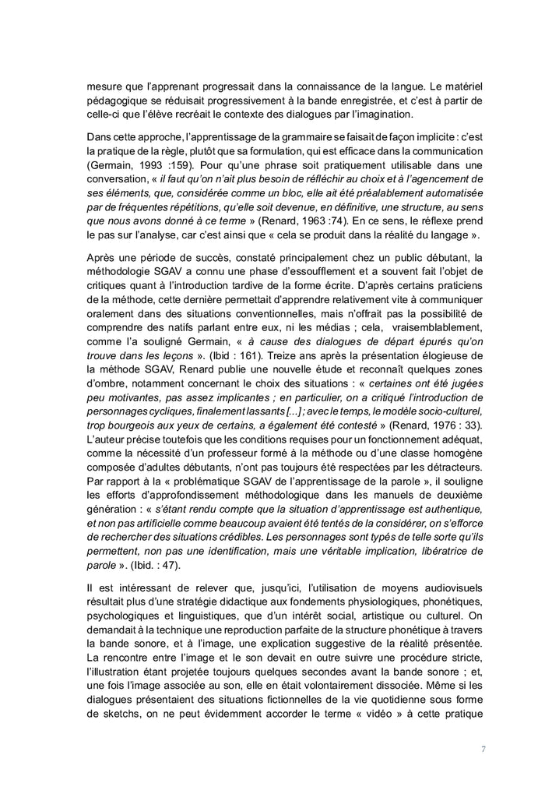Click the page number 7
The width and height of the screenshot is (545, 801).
[483, 749]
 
